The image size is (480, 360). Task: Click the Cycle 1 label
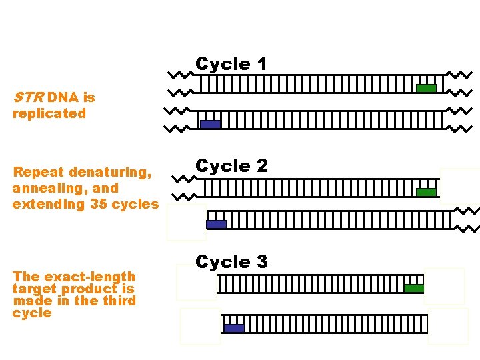(231, 64)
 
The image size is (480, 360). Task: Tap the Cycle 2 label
(231, 166)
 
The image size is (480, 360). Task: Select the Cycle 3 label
(231, 262)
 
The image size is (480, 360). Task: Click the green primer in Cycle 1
(426, 88)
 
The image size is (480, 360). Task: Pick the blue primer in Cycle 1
(210, 124)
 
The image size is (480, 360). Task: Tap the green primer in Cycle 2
(426, 192)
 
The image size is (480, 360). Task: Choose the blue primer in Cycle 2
(216, 224)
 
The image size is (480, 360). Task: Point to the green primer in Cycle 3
(413, 288)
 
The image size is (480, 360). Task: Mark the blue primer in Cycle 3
(233, 327)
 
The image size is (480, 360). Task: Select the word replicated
(49, 113)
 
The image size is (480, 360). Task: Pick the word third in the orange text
(123, 301)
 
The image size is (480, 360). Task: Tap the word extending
(47, 204)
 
